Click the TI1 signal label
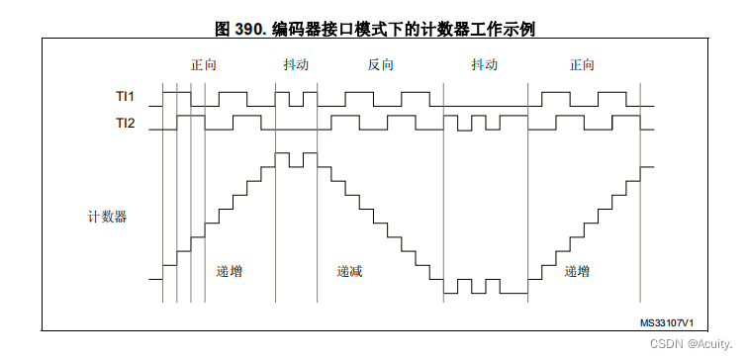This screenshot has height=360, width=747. pyautogui.click(x=125, y=98)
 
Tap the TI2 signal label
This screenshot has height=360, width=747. pyautogui.click(x=125, y=124)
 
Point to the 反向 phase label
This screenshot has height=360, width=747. pyautogui.click(x=381, y=65)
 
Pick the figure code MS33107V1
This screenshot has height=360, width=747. pyautogui.click(x=666, y=323)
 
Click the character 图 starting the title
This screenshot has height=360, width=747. pyautogui.click(x=221, y=30)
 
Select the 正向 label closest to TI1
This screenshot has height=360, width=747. pyautogui.click(x=204, y=65)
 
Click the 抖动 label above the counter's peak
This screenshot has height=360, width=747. pyautogui.click(x=296, y=65)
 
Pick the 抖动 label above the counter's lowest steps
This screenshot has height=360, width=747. pyautogui.click(x=485, y=65)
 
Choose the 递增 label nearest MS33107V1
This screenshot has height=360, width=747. pyautogui.click(x=578, y=271)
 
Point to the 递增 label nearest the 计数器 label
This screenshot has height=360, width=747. pyautogui.click(x=229, y=271)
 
